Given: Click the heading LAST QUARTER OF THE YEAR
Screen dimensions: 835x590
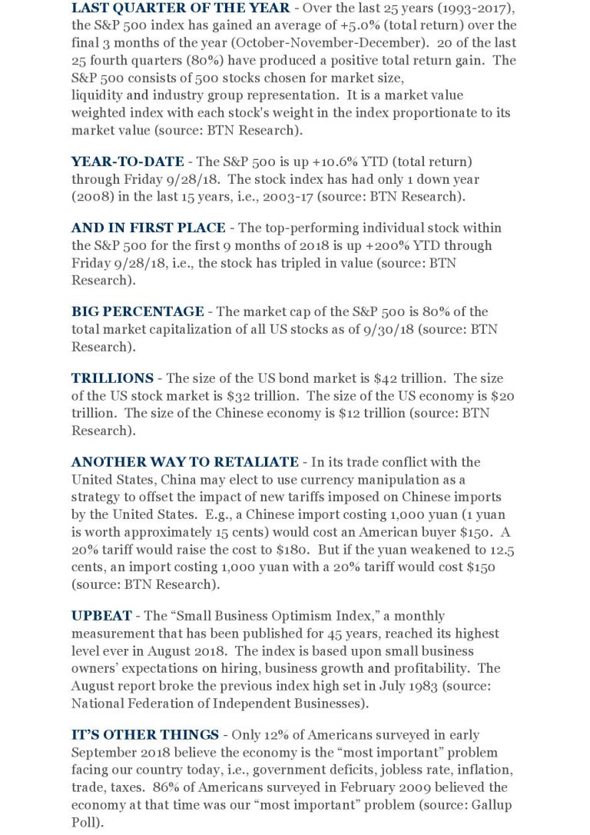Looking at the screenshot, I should [x=181, y=8].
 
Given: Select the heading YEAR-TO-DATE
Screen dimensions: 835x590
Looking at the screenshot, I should [x=128, y=161].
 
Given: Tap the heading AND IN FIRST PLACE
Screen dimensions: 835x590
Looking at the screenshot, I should [x=148, y=228].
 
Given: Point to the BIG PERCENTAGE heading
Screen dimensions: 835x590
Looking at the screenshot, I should [x=138, y=311].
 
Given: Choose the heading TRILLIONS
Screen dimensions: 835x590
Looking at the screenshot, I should [x=112, y=378].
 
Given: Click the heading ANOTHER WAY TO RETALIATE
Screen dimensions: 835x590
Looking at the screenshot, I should [x=184, y=462].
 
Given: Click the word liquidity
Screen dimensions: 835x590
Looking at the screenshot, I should [x=98, y=95].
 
